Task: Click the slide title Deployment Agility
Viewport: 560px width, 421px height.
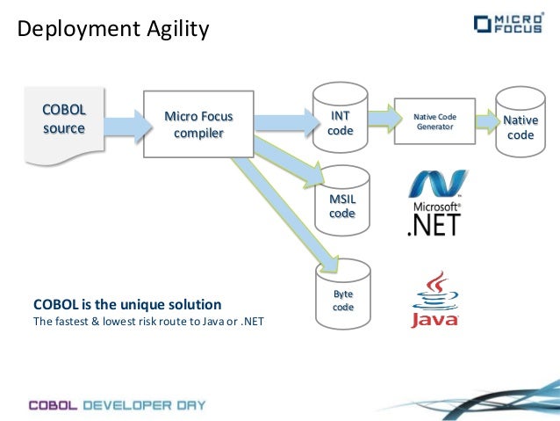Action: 114,30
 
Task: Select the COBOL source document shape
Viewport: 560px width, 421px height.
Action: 64,123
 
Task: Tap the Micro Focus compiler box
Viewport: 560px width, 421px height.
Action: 198,124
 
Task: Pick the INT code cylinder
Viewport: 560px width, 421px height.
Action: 340,122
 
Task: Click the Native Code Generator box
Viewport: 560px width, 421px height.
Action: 434,121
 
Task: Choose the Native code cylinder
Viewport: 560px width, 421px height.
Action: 520,126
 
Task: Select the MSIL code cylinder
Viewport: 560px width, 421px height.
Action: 341,206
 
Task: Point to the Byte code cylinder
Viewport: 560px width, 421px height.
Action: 342,299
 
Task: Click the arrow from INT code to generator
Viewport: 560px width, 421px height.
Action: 380,115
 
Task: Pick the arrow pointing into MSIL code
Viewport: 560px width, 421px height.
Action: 290,166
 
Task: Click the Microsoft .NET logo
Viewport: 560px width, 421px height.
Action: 434,204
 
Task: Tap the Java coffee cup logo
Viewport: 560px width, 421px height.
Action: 434,299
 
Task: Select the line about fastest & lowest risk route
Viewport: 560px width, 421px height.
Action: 147,322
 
